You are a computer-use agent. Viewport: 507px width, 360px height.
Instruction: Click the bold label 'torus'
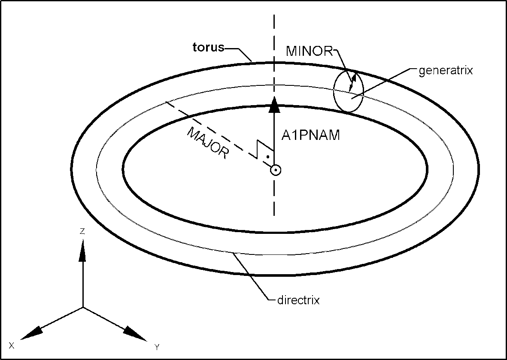pyautogui.click(x=208, y=47)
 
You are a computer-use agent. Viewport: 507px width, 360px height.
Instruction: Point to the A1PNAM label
pyautogui.click(x=311, y=136)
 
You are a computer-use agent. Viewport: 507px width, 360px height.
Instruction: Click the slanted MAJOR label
pyautogui.click(x=206, y=143)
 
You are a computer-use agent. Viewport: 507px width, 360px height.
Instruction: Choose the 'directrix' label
pyautogui.click(x=298, y=300)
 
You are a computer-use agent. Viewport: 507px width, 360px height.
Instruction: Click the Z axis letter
pyautogui.click(x=82, y=231)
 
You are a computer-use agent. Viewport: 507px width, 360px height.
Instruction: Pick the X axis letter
pyautogui.click(x=12, y=345)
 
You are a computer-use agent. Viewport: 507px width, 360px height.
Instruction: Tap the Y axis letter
pyautogui.click(x=157, y=347)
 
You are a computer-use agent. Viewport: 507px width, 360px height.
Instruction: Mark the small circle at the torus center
pyautogui.click(x=275, y=170)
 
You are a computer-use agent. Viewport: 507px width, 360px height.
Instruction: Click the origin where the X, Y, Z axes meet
pyautogui.click(x=82, y=307)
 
